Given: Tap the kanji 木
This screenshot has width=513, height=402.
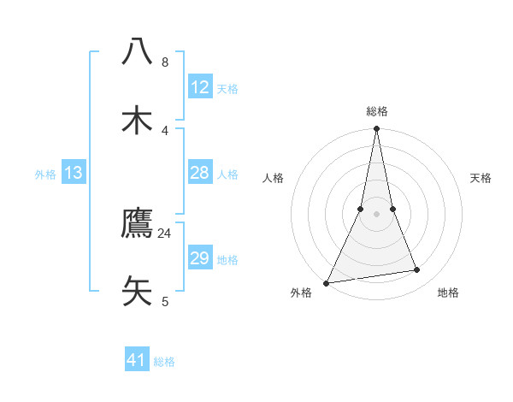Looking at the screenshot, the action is coord(138,120).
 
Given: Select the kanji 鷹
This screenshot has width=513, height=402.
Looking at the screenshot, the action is coord(138,223).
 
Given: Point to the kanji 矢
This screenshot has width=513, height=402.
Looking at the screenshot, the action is coord(138,290).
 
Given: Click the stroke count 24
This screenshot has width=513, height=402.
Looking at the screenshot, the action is coord(165,233).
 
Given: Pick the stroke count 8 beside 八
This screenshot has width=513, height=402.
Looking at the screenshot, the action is coord(165,62).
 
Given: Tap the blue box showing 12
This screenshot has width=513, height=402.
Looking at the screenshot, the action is coord(199,87).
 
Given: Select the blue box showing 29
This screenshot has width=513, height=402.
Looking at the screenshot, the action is coord(199,259).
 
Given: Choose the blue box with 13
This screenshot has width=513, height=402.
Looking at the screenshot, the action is coord(74,174).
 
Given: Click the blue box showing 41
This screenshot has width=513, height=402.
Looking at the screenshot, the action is coord(137,360).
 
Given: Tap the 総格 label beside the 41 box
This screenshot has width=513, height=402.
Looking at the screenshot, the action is coord(164,362).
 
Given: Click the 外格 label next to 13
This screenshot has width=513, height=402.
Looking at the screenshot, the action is coord(45,174).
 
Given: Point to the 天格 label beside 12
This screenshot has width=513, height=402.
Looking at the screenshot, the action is coord(227,89).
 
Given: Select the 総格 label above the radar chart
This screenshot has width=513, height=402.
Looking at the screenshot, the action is coord(376,111).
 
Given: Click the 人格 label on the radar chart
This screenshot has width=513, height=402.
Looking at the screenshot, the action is coord(273,178).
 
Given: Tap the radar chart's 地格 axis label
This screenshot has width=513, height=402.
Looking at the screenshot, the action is coord(448,293).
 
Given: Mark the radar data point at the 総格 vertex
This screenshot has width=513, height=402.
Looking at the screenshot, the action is coord(376,129).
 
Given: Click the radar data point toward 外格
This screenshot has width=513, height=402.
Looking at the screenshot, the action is coord(326,282).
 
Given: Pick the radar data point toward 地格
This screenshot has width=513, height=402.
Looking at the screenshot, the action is coord(417,270).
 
